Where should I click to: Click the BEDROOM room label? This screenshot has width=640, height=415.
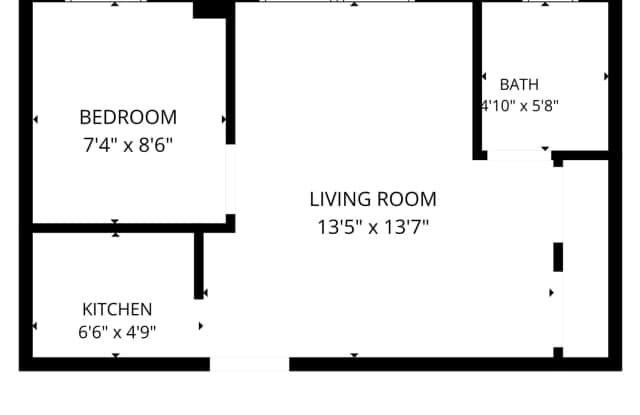click(x=128, y=118)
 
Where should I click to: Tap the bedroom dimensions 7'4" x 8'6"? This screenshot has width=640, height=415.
click(x=128, y=145)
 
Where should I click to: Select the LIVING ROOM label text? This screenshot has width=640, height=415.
click(x=373, y=200)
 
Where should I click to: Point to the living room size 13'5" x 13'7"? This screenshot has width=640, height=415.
click(x=373, y=227)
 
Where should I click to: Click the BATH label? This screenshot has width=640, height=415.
click(x=519, y=85)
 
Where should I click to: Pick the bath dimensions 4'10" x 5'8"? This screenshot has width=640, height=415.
click(x=519, y=106)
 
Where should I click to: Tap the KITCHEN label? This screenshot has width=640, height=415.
click(x=117, y=310)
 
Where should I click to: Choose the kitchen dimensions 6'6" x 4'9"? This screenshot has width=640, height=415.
click(x=117, y=332)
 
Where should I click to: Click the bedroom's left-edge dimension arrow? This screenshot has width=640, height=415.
click(x=35, y=120)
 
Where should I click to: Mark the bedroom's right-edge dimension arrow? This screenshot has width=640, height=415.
click(x=224, y=120)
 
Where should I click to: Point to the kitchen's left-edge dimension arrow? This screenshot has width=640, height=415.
click(x=35, y=326)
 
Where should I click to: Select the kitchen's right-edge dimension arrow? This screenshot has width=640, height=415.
click(x=201, y=326)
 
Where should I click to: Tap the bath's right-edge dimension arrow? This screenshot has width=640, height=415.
click(x=606, y=76)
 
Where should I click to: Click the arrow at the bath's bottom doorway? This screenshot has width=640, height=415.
click(x=545, y=149)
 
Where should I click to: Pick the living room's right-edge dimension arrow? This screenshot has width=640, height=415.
click(x=551, y=293)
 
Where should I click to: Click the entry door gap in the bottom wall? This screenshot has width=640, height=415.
click(x=249, y=364)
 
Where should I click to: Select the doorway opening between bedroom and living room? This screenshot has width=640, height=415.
click(x=231, y=179)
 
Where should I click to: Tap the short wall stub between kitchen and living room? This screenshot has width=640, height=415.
click(x=199, y=265)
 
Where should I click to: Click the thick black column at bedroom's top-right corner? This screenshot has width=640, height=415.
click(x=213, y=9)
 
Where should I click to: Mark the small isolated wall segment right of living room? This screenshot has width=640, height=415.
click(x=558, y=257)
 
